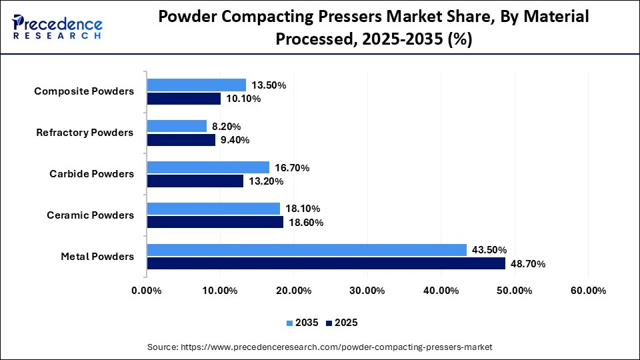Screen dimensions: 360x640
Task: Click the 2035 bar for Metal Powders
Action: [307, 250]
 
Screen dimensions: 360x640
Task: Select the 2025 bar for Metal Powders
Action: [326, 263]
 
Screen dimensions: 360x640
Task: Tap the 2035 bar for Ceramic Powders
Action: [213, 209]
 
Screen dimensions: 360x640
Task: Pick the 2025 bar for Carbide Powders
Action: [195, 181]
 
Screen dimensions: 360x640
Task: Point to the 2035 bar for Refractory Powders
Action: [177, 126]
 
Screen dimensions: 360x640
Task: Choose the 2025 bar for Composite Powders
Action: [184, 99]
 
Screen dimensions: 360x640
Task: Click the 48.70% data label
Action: [527, 264]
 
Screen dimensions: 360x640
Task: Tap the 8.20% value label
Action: [227, 127]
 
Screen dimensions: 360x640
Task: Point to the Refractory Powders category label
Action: [85, 133]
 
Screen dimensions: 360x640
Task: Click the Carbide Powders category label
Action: [91, 174]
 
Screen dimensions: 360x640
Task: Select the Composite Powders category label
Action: [84, 91]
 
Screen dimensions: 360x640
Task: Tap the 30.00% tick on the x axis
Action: [367, 291]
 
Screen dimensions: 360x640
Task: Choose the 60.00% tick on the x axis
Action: [587, 291]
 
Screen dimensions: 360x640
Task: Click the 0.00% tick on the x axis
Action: [147, 291]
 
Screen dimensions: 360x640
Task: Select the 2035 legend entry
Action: [303, 323]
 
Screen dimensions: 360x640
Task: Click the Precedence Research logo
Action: [57, 27]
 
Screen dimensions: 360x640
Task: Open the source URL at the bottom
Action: [319, 347]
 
